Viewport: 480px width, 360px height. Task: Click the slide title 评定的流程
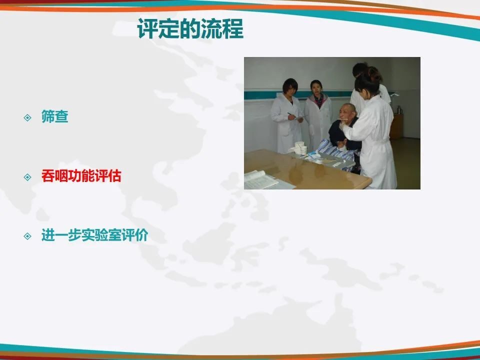click(190, 29)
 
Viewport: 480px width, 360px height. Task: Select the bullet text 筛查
click(55, 116)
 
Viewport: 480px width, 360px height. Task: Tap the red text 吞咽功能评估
click(81, 176)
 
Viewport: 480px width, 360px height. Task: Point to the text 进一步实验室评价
click(94, 235)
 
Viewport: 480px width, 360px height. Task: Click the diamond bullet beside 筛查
click(27, 117)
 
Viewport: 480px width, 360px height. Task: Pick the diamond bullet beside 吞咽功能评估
click(27, 177)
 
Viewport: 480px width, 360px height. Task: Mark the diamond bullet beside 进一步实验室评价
click(27, 236)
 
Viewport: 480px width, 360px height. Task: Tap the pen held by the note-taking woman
click(291, 115)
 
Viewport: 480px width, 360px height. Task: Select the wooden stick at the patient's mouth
click(342, 119)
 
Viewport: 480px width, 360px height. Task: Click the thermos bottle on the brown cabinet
click(398, 109)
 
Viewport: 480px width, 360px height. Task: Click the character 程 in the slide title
click(233, 29)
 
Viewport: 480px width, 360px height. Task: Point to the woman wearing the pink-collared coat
click(318, 115)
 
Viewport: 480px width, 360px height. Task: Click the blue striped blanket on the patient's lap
click(336, 153)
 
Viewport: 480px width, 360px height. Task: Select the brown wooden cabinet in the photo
click(396, 126)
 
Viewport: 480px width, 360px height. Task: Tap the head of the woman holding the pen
click(290, 86)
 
